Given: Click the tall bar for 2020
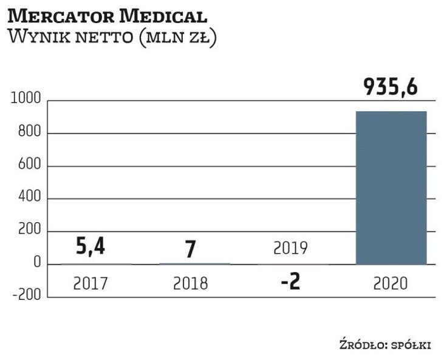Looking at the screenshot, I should [x=391, y=188].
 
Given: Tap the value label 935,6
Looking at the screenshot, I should [x=391, y=87].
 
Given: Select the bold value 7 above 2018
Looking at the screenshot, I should [x=190, y=249].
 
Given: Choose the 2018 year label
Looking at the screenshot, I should [x=190, y=284].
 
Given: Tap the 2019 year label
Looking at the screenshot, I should [x=290, y=248].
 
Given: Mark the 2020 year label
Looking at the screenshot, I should [x=391, y=283].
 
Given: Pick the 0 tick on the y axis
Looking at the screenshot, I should [x=37, y=264].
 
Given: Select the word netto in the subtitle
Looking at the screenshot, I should [x=98, y=38].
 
